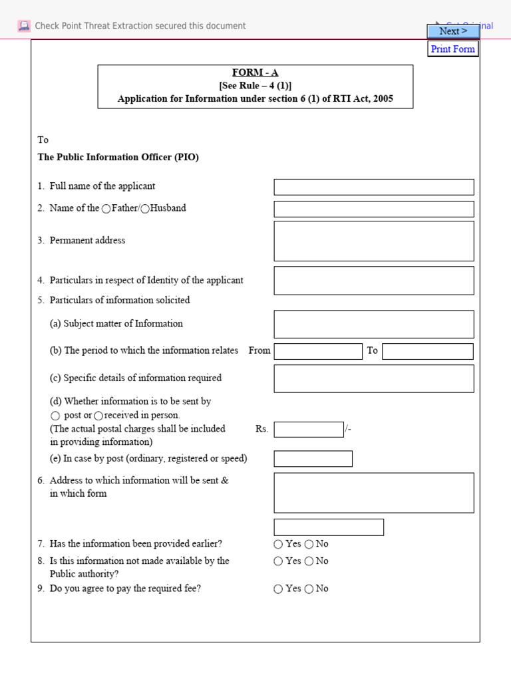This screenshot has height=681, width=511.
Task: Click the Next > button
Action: tap(452, 31)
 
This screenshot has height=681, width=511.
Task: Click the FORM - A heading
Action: tap(255, 72)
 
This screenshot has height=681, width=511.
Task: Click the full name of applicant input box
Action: tap(374, 187)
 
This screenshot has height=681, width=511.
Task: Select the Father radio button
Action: tap(106, 209)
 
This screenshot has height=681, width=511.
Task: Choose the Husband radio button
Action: tap(145, 209)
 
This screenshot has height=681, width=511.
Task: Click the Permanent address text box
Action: tap(374, 241)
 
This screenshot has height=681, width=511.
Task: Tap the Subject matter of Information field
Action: tap(374, 324)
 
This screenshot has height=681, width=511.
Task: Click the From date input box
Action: tap(318, 351)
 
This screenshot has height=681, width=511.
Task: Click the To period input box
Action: tap(428, 351)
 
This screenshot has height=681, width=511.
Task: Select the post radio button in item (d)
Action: tap(57, 416)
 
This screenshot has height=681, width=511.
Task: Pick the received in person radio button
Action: tap(98, 416)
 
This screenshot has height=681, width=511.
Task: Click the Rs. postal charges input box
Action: tap(309, 430)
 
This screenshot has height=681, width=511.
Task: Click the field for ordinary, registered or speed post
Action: tap(313, 459)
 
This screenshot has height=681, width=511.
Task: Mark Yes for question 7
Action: tap(278, 544)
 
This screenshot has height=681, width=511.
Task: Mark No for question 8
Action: tap(309, 561)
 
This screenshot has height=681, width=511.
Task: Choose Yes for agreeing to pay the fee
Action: tap(278, 589)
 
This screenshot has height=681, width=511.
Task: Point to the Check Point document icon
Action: tap(25, 26)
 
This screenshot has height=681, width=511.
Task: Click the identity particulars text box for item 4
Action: tap(374, 281)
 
